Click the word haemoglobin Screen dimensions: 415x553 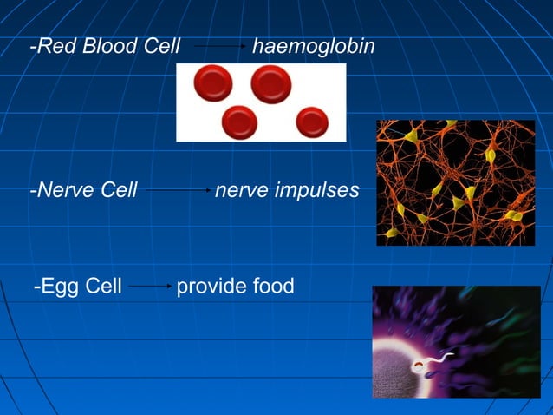tap(313, 46)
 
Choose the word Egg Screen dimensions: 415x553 tap(59, 286)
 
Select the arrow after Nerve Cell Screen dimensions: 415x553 tap(179, 189)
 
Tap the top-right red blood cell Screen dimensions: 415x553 tap(270, 83)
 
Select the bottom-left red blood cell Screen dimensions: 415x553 tap(239, 122)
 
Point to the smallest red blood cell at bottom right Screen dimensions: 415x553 tap(311, 122)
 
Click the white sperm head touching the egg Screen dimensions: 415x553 tap(419, 367)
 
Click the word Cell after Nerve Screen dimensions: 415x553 tap(119, 189)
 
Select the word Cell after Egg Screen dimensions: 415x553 tap(103, 286)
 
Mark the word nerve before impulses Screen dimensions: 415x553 tap(241, 189)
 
